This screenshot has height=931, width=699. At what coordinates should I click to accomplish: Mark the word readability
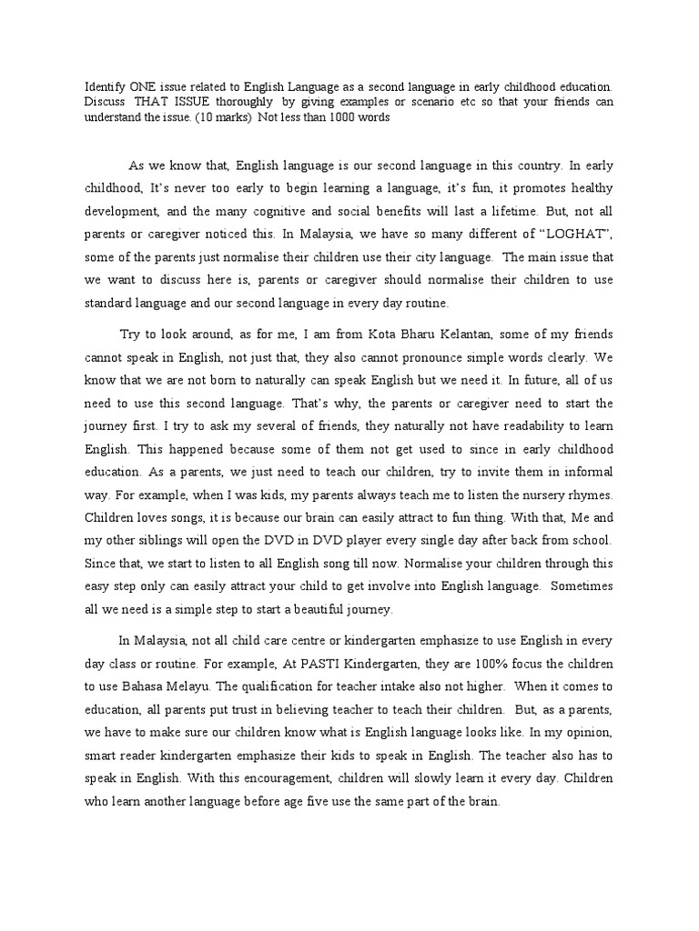pyautogui.click(x=487, y=424)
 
